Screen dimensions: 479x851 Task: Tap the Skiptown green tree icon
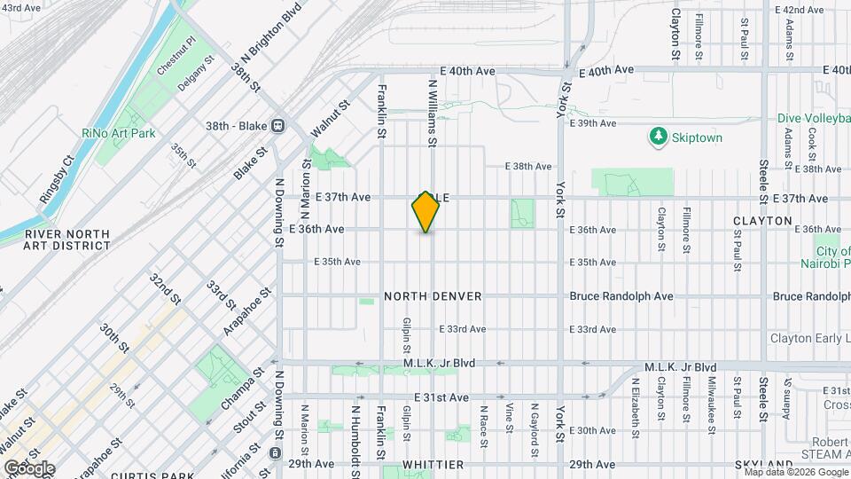point(658,137)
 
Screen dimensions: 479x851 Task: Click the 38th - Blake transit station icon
point(278,125)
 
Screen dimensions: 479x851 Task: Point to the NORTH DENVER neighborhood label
point(433,295)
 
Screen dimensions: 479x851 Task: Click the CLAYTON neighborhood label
point(762,220)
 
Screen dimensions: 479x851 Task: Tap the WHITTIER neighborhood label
point(433,465)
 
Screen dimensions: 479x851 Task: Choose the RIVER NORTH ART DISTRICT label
point(68,239)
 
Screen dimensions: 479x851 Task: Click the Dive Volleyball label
point(813,118)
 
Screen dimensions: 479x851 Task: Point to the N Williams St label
point(433,113)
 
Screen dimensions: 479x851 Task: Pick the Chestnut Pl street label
point(176,56)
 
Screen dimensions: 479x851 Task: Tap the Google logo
point(30,467)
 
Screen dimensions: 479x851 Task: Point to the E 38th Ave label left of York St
point(528,166)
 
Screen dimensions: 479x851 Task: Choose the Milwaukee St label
point(711,395)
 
